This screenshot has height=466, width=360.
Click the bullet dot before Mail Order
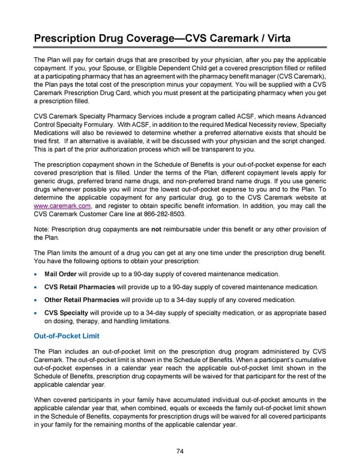pyautogui.click(x=37, y=274)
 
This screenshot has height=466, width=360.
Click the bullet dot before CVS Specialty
pyautogui.click(x=37, y=313)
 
